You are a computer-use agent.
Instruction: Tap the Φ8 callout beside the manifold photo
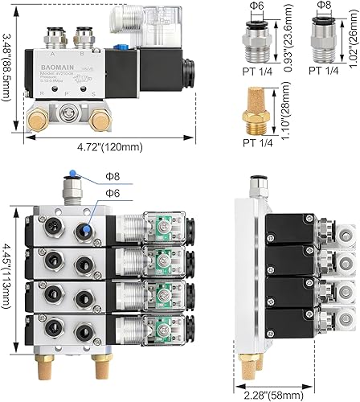click(115, 178)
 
